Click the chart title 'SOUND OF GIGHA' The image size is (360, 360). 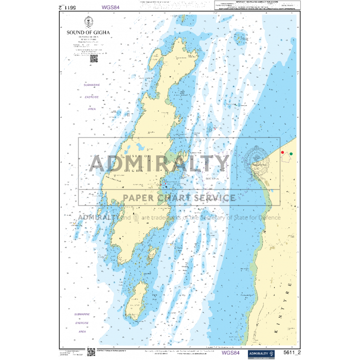pos(88,32)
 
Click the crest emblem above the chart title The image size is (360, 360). pos(88,22)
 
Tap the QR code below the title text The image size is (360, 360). pos(94,58)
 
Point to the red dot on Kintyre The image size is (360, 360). pos(282,152)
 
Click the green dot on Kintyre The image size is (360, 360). pos(291,153)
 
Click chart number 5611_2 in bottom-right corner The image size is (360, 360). pos(292,353)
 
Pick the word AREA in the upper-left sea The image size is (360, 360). pos(92,109)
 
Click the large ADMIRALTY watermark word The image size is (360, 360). pos(159,164)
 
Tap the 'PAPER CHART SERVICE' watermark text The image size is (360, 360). pos(178,197)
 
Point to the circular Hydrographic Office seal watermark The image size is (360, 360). pos(257,164)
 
